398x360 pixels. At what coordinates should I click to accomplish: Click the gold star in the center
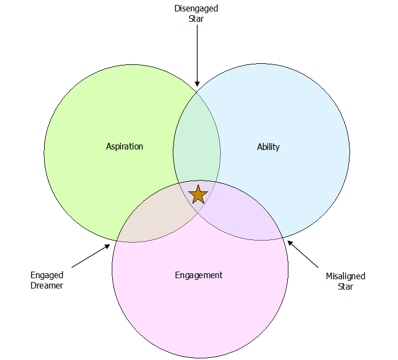pyautogui.click(x=198, y=195)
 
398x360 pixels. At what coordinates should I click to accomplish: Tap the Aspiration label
pyautogui.click(x=124, y=147)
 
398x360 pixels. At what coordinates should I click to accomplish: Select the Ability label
pyautogui.click(x=268, y=147)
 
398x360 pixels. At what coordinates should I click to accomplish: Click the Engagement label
pyautogui.click(x=199, y=275)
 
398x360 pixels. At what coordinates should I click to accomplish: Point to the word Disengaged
pyautogui.click(x=196, y=9)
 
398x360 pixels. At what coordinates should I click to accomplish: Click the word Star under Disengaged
pyautogui.click(x=196, y=19)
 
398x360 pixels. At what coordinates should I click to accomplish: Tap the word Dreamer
pyautogui.click(x=47, y=286)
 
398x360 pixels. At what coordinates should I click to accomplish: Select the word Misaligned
pyautogui.click(x=346, y=276)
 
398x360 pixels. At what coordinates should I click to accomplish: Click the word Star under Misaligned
pyautogui.click(x=346, y=286)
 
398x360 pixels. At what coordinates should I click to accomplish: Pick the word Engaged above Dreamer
pyautogui.click(x=47, y=275)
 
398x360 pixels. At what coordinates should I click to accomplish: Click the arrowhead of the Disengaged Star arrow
pyautogui.click(x=197, y=84)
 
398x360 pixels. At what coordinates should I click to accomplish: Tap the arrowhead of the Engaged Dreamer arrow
pyautogui.click(x=107, y=246)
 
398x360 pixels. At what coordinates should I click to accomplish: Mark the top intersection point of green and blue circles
pyautogui.click(x=197, y=93)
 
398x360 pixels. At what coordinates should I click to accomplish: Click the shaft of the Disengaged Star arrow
pyautogui.click(x=197, y=53)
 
